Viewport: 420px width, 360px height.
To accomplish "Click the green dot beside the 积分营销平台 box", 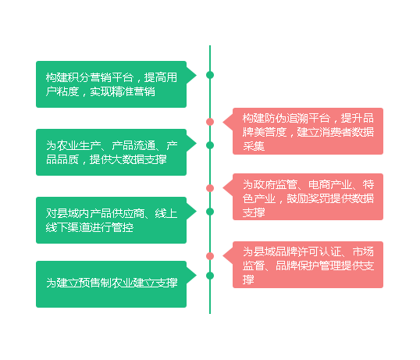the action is pos(210,75).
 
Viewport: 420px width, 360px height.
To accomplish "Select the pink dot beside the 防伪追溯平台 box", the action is pos(210,122).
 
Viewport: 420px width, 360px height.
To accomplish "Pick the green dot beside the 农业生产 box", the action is pos(210,145).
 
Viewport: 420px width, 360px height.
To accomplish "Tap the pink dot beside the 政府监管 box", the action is pos(210,188).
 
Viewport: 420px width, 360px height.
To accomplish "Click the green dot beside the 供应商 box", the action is pos(210,212).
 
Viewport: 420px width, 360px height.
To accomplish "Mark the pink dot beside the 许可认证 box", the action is pos(210,256).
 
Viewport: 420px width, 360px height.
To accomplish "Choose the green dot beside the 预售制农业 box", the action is pos(210,276).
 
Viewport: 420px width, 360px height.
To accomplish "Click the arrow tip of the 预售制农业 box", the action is pos(197,276).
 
